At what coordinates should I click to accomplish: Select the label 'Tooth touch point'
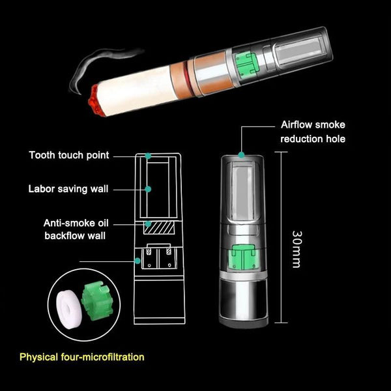coord(68,155)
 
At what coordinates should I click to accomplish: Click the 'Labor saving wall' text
coord(68,189)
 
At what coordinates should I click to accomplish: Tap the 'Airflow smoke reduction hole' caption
coord(313,131)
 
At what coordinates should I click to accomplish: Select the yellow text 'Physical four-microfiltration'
coord(81,357)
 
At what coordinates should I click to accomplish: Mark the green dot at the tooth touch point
coord(149,156)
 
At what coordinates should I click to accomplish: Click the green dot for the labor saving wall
coord(149,189)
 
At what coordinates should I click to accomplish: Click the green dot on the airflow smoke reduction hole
coord(242,154)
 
